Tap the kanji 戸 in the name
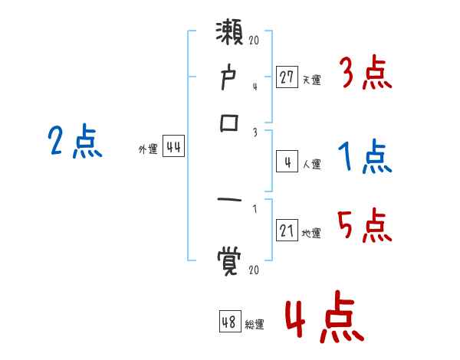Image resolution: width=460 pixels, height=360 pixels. [229, 78]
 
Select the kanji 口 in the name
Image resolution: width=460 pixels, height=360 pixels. [229, 122]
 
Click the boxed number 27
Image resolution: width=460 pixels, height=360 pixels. [287, 77]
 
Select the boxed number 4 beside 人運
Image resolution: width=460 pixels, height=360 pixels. [287, 162]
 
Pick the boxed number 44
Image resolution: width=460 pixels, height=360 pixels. [173, 148]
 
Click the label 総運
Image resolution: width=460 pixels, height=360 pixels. [254, 324]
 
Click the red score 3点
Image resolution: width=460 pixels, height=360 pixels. [365, 74]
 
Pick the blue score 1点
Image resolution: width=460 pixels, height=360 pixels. [365, 157]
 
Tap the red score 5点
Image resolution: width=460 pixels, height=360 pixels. [365, 225]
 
